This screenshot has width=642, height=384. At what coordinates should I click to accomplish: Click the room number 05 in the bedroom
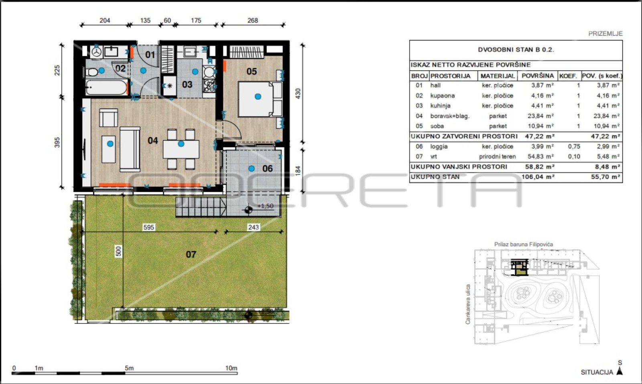(x=252, y=71)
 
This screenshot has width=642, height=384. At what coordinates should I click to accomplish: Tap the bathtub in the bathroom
(x=106, y=87)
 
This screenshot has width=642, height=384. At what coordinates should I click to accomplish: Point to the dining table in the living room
(x=181, y=149)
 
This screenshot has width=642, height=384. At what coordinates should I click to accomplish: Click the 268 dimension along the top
(x=252, y=20)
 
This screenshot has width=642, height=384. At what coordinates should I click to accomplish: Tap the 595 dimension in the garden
(x=149, y=227)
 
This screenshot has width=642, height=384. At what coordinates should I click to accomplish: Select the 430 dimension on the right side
(x=298, y=94)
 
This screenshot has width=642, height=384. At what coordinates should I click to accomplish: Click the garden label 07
(x=191, y=254)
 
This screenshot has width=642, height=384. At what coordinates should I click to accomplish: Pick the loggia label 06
(x=267, y=168)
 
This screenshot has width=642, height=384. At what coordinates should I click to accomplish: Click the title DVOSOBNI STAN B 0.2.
(x=516, y=50)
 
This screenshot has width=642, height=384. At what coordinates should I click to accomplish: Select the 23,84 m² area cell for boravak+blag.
(x=540, y=116)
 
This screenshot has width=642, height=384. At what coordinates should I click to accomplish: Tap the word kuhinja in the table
(x=440, y=106)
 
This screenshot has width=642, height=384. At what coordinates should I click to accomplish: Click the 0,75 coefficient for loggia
(x=574, y=146)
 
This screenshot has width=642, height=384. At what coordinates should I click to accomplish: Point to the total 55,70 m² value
(x=605, y=177)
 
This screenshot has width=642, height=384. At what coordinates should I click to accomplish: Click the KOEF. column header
(x=568, y=76)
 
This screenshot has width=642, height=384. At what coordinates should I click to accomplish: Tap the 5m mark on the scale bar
(x=129, y=368)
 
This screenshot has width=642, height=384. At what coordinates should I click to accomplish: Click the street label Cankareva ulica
(x=468, y=304)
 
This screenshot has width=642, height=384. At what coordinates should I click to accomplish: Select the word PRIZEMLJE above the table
(x=605, y=34)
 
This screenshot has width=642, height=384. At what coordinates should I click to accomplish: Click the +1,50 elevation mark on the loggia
(x=265, y=206)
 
